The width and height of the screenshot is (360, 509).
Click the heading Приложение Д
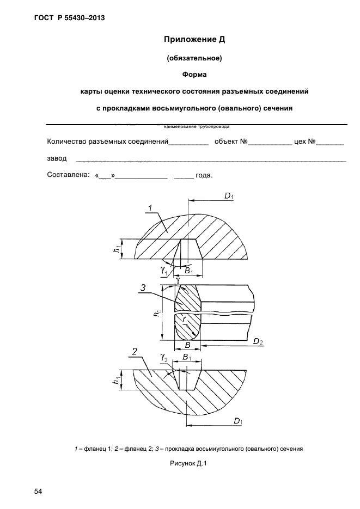point(194,40)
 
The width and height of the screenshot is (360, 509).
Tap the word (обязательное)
point(194,57)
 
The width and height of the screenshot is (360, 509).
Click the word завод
point(57,158)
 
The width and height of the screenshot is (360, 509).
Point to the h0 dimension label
point(158,314)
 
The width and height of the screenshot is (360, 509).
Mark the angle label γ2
point(163,359)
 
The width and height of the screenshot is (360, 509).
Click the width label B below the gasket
point(187,345)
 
